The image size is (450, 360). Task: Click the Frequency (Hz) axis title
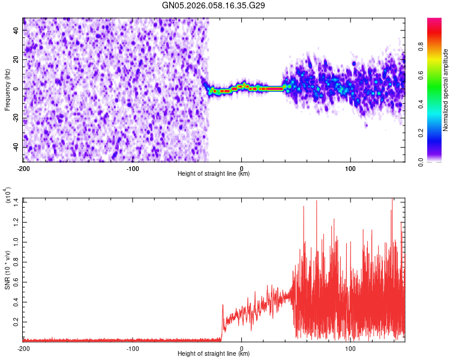pos(8,89)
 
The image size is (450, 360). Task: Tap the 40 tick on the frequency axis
pos(16,30)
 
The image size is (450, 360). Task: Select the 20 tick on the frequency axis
pos(16,59)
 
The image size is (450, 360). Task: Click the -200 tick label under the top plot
pos(23,168)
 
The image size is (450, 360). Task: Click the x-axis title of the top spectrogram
pos(214,174)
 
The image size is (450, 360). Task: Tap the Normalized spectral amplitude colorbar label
pos(445,90)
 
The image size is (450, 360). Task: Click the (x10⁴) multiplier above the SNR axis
pos(8,195)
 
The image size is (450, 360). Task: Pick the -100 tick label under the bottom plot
pos(132,348)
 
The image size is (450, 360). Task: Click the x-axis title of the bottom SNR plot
pos(214,354)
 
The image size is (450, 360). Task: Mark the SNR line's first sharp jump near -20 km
pos(223,305)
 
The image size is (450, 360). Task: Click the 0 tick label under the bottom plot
pos(241,348)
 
